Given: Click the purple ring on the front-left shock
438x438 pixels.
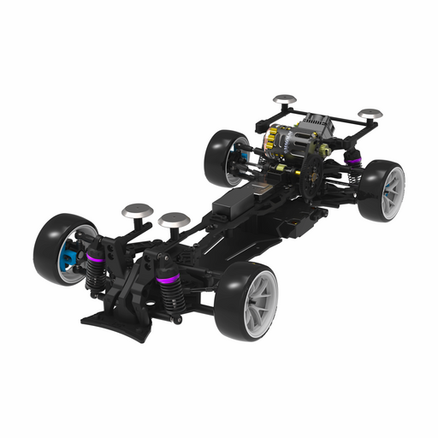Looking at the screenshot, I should (96, 252).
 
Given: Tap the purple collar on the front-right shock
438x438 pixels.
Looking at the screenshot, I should (169, 280).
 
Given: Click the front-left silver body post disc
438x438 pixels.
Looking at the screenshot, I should (137, 209).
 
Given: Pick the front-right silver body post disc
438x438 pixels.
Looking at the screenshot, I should (174, 220).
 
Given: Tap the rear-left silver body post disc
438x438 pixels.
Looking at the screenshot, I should (285, 99).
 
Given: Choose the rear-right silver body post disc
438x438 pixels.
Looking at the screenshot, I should (370, 113).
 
